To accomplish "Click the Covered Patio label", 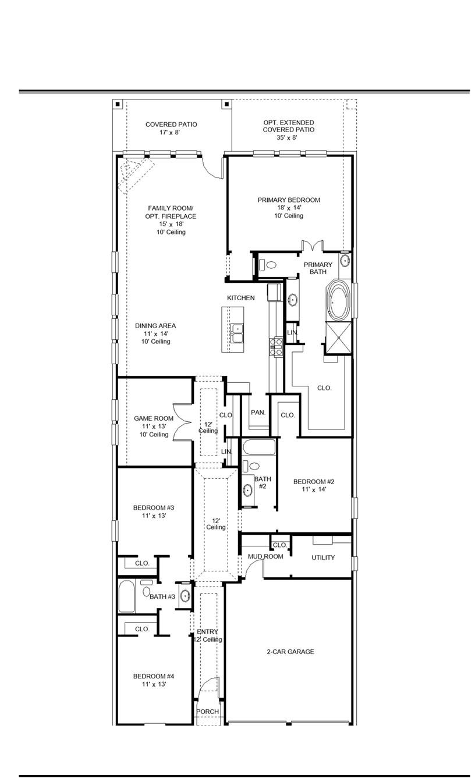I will click(x=171, y=128).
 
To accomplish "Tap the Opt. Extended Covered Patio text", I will click(x=289, y=130).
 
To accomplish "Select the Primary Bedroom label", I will click(x=289, y=208).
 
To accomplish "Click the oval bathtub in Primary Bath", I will click(x=337, y=300).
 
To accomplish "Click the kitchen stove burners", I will click(x=275, y=347).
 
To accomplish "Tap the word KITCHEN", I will click(x=240, y=298).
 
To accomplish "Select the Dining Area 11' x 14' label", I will click(x=155, y=333).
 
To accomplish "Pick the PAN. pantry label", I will click(x=258, y=413).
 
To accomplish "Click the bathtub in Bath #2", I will click(x=258, y=447).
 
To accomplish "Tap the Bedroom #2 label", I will click(x=314, y=485).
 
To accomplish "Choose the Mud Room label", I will click(x=265, y=557).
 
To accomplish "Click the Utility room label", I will click(x=323, y=557).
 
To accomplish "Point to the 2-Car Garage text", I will click(x=290, y=652).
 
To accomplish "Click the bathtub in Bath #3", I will click(x=126, y=597).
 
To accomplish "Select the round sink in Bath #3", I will click(x=185, y=596).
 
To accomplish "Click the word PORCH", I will click(x=207, y=712).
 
